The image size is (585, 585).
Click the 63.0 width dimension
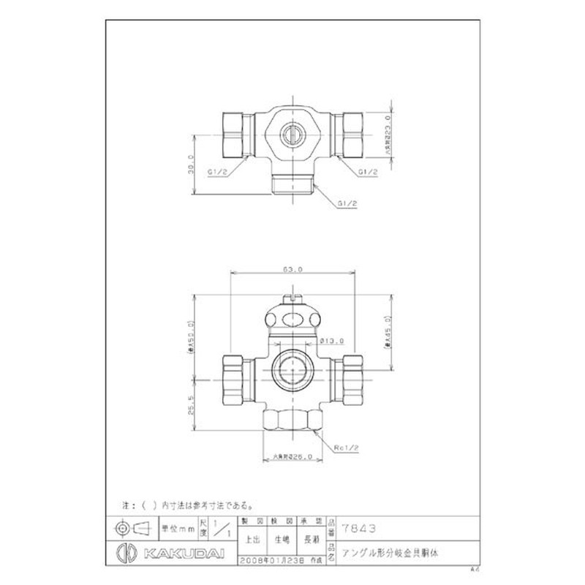coord(292,270)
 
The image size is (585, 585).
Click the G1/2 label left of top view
coord(219,173)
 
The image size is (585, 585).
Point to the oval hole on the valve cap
coord(292,319)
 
